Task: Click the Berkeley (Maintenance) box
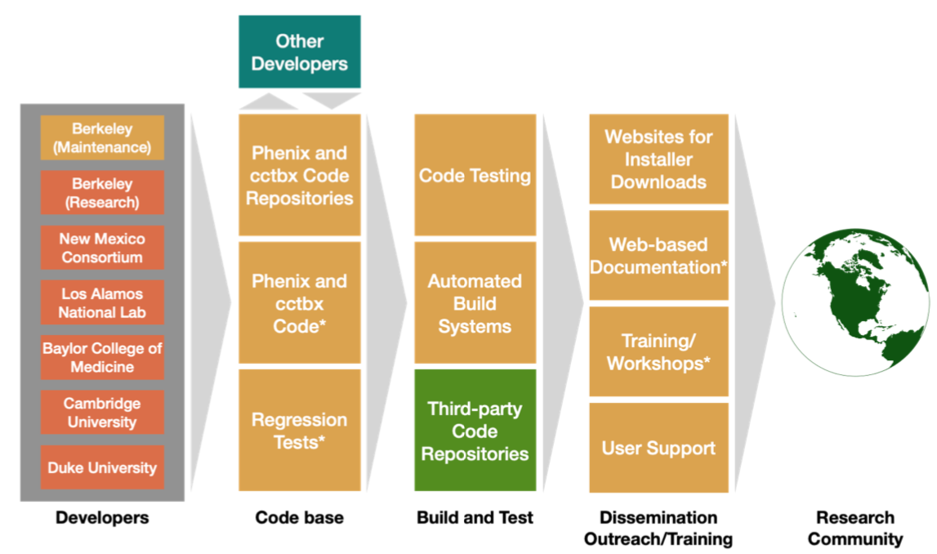pyautogui.click(x=102, y=137)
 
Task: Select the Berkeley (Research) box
pyautogui.click(x=102, y=193)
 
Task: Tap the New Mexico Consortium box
pyautogui.click(x=102, y=248)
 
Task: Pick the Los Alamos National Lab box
pyautogui.click(x=102, y=302)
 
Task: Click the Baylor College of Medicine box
pyautogui.click(x=102, y=357)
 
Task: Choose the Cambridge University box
pyautogui.click(x=102, y=412)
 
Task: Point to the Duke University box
pyautogui.click(x=102, y=467)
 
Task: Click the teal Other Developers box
pyautogui.click(x=299, y=52)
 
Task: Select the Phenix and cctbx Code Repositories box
pyautogui.click(x=299, y=175)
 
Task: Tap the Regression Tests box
pyautogui.click(x=299, y=431)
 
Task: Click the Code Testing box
pyautogui.click(x=475, y=175)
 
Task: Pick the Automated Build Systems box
pyautogui.click(x=475, y=303)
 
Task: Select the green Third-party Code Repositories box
pyautogui.click(x=475, y=431)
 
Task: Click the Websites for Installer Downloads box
pyautogui.click(x=658, y=159)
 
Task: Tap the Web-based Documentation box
pyautogui.click(x=658, y=255)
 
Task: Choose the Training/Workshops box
pyautogui.click(x=658, y=351)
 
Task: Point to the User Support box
pyautogui.click(x=658, y=448)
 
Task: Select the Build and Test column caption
pyautogui.click(x=475, y=517)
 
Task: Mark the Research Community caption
pyautogui.click(x=855, y=528)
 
